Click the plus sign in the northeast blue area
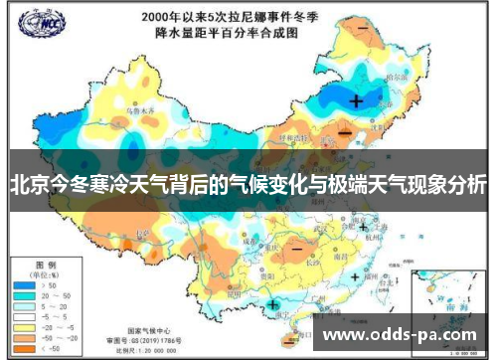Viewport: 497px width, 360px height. pos(356,100)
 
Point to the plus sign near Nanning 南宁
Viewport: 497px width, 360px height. pos(272,303)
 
